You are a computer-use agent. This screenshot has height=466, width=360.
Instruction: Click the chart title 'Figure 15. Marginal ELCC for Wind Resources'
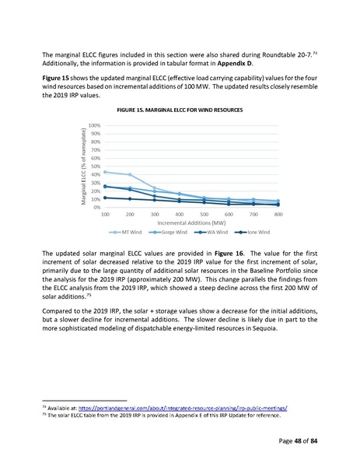(180, 110)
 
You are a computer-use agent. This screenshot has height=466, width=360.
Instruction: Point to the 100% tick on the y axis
(95, 125)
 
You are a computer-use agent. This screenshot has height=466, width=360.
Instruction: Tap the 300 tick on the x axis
(155, 214)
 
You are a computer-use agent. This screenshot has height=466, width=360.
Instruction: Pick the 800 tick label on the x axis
(278, 214)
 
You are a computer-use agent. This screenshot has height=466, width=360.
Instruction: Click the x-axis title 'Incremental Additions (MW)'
(191, 222)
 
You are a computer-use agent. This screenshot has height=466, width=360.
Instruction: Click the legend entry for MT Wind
(128, 232)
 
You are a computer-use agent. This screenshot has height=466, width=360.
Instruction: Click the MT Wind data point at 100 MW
(105, 172)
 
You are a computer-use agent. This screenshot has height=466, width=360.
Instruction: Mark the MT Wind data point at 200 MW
(130, 175)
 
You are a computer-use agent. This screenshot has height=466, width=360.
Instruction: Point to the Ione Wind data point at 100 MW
(105, 198)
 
